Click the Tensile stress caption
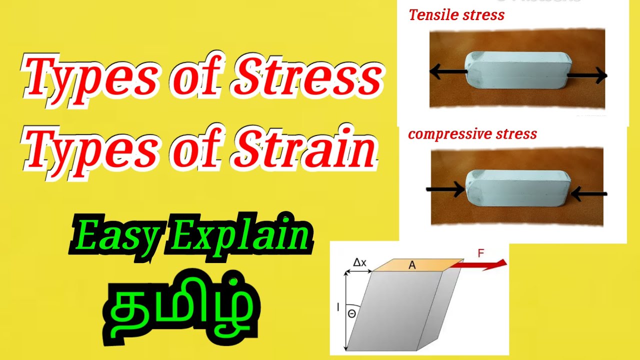coord(456,15)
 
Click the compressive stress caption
coord(472,134)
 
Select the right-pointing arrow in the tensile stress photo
coord(587,76)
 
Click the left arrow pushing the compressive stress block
coord(444,189)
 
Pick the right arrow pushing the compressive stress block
coord(588,193)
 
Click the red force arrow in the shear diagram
coord(483,265)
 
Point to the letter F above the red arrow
coord(481,253)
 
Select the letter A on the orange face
coord(412,265)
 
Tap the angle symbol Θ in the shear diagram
coord(351,313)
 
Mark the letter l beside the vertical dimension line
coord(338,308)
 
